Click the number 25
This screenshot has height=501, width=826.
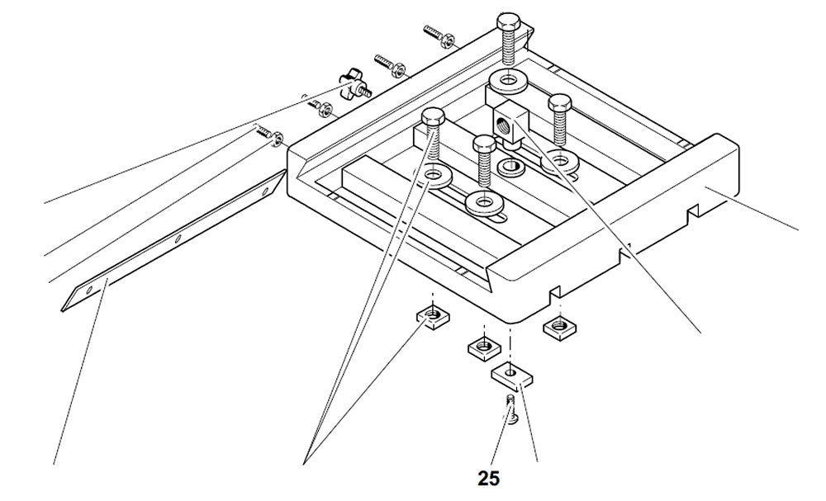488,478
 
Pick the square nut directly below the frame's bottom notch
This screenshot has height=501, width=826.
558,327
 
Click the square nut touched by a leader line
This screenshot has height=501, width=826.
431,316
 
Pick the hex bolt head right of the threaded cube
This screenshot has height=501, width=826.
561,102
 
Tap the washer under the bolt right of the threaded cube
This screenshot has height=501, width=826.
561,157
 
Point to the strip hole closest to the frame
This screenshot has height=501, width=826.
265,191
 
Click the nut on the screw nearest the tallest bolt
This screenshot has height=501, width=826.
452,37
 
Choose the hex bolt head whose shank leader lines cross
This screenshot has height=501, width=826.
433,118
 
